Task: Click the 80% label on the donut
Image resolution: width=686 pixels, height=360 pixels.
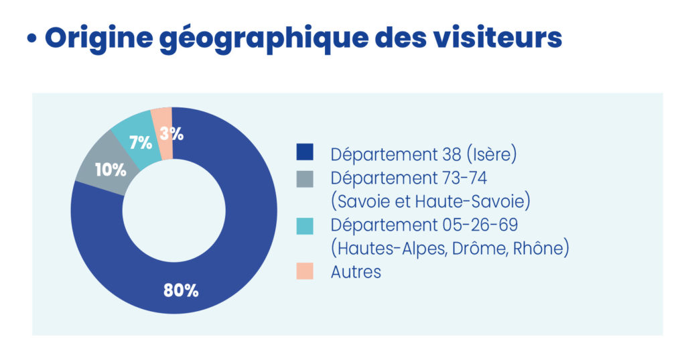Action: tap(181, 290)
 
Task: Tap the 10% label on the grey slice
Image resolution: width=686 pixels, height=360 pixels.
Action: tap(111, 170)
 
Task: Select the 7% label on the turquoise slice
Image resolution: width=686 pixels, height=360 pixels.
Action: tap(140, 142)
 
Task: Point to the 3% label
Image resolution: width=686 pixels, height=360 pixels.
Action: tap(172, 133)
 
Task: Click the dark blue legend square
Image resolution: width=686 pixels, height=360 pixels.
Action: tap(305, 153)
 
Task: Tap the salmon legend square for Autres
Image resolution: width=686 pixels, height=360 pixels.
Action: tap(305, 272)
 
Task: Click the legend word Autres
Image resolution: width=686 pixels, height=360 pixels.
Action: tap(356, 272)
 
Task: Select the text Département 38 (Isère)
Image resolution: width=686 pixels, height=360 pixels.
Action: tap(424, 154)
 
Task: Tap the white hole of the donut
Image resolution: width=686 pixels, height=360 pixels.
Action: tap(174, 210)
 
